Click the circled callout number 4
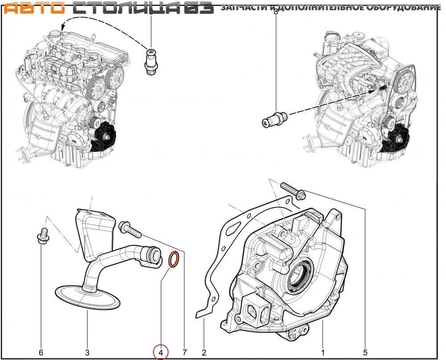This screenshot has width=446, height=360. click(161, 352)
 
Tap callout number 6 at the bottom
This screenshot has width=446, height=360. click(41, 352)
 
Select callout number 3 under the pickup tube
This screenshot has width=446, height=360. click(87, 352)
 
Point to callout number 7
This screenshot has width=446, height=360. click(185, 352)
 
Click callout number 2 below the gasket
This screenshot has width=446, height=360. click(204, 352)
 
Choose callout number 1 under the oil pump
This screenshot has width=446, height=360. click(323, 352)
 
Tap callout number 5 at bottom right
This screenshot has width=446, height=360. click(365, 352)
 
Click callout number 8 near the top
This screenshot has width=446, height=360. click(275, 12)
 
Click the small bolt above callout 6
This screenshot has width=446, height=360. click(43, 235)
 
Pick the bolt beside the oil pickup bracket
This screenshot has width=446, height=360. click(130, 230)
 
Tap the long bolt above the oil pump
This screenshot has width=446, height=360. click(293, 190)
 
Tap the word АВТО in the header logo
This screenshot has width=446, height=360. click(34, 8)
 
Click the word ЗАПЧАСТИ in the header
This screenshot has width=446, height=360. click(244, 7)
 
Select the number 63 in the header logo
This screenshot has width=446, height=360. click(199, 8)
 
